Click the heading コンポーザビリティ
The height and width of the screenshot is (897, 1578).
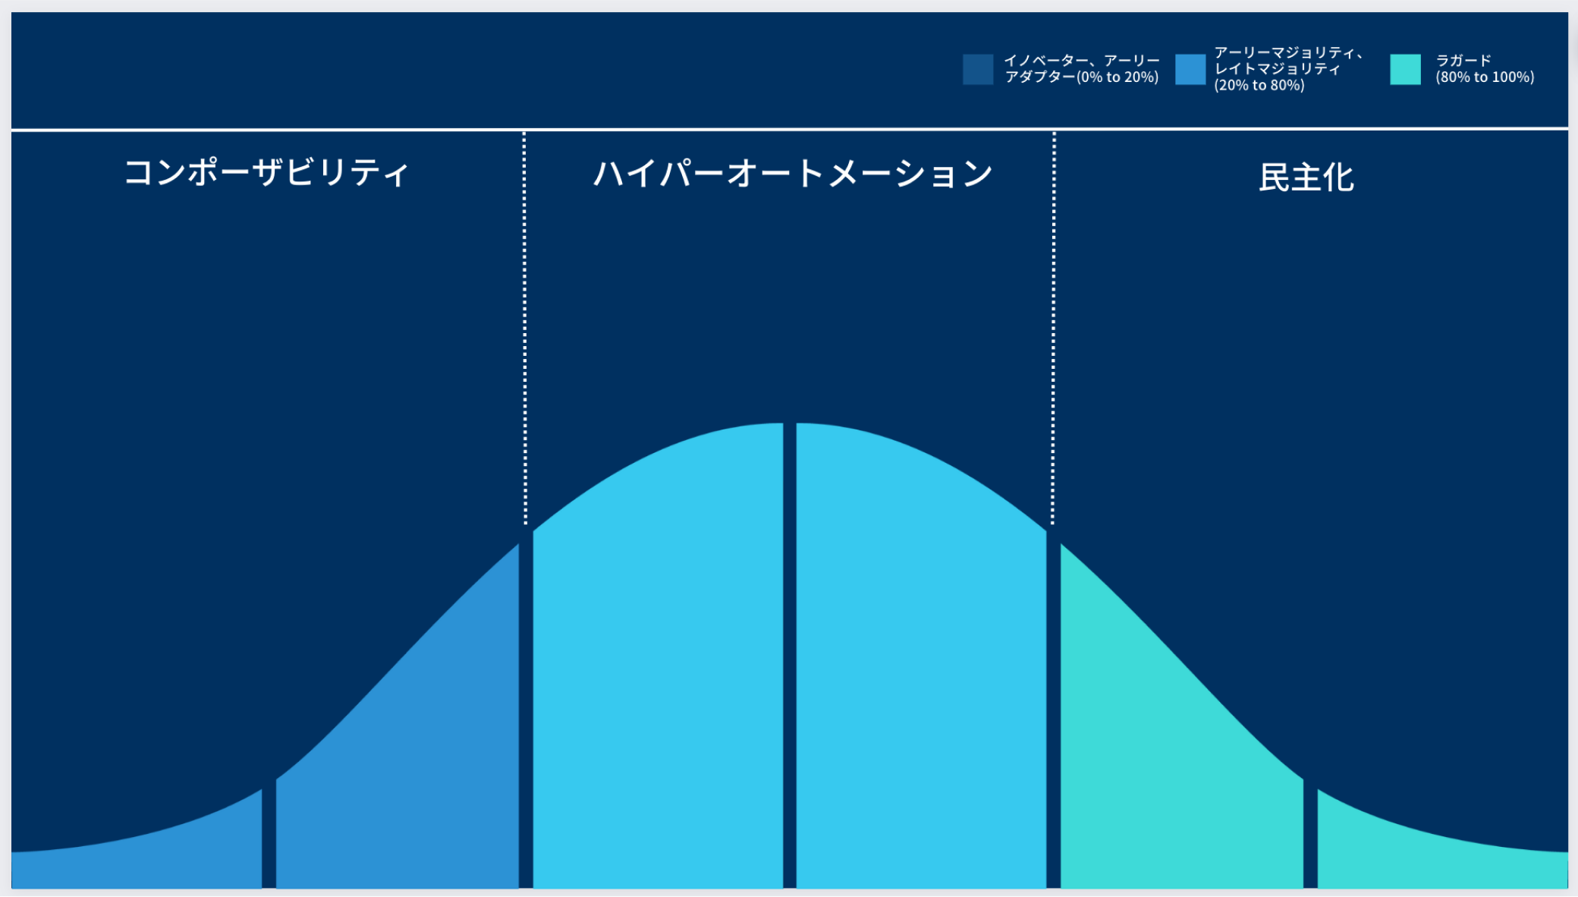[266, 173]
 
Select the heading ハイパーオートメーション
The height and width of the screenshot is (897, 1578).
[793, 174]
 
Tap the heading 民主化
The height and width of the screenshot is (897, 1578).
[1306, 178]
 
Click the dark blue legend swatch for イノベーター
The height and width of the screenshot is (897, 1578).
[978, 69]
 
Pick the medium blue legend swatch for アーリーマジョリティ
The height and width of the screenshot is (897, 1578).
[1190, 69]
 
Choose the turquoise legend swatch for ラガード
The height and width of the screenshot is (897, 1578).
[1405, 69]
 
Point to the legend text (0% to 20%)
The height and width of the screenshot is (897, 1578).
[1117, 77]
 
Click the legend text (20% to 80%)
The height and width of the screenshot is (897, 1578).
[1259, 86]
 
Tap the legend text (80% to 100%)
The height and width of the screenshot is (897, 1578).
[1485, 77]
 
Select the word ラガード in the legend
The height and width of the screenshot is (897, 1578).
[1463, 61]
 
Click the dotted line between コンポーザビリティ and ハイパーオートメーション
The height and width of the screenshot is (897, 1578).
[524, 328]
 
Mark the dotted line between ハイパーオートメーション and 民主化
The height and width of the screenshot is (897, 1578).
[1053, 328]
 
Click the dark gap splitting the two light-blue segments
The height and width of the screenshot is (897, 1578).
[790, 656]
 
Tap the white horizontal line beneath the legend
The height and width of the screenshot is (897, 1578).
[790, 129]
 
